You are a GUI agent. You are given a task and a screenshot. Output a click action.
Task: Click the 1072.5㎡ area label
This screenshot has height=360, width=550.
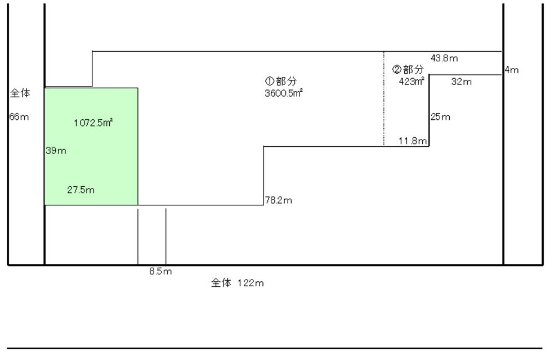click(93, 121)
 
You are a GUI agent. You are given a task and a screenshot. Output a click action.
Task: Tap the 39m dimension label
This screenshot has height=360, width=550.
click(53, 151)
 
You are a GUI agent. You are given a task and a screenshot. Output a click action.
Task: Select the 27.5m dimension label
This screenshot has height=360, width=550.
click(81, 190)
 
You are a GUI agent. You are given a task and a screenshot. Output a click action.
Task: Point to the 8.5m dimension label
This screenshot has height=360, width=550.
click(160, 271)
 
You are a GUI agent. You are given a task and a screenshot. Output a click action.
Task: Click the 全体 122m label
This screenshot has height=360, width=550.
click(237, 283)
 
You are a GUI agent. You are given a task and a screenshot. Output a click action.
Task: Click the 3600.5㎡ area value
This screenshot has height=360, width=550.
click(279, 93)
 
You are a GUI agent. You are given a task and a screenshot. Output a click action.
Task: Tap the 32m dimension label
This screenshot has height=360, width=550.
click(461, 82)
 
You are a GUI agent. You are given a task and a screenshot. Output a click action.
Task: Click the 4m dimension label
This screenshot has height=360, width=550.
click(512, 70)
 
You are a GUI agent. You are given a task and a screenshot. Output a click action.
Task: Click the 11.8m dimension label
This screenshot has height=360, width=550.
click(413, 141)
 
